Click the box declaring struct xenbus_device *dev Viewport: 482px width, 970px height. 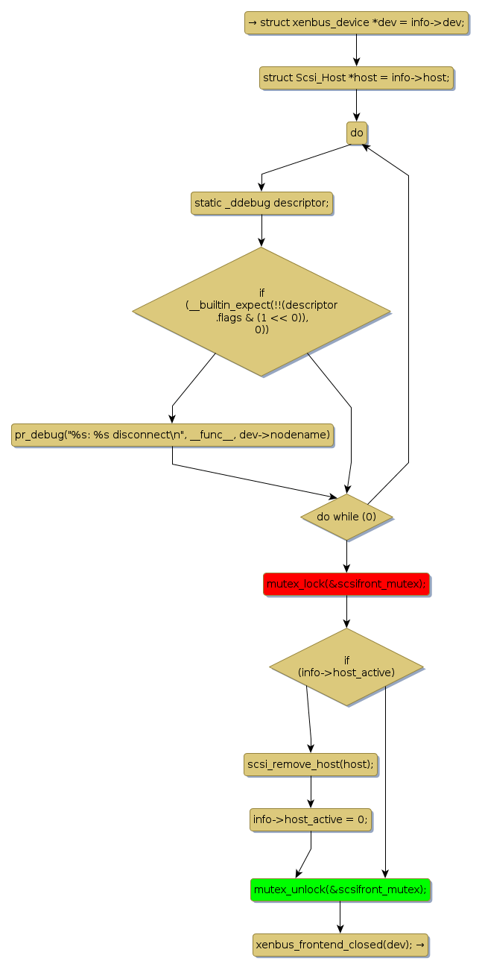click(x=356, y=22)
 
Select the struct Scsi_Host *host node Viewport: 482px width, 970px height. click(x=356, y=78)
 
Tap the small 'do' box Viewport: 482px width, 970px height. click(x=357, y=133)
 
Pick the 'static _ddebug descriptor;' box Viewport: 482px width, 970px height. click(x=261, y=203)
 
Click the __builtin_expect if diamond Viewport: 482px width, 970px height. click(x=261, y=312)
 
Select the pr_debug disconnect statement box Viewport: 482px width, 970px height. click(x=172, y=435)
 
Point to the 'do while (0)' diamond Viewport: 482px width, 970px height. click(x=346, y=517)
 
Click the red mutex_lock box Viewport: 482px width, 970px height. click(x=346, y=584)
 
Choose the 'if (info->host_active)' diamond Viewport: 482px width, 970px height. click(x=346, y=666)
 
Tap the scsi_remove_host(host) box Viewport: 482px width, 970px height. click(x=311, y=764)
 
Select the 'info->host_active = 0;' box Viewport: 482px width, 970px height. click(x=311, y=819)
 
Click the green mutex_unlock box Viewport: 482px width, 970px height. click(x=340, y=889)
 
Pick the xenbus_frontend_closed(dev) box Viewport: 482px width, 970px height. click(x=340, y=945)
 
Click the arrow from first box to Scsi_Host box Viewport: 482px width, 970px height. click(x=356, y=50)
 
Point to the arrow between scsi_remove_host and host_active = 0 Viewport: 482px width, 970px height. click(x=311, y=792)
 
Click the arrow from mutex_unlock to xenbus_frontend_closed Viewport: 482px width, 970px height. click(x=340, y=917)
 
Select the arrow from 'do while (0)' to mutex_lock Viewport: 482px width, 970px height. click(x=346, y=556)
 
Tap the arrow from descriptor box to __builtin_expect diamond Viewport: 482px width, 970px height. click(x=261, y=230)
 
